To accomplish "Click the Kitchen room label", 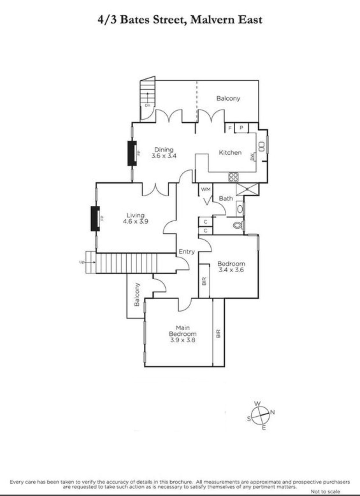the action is coord(230,153).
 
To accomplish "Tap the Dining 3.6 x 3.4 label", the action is coord(164,153).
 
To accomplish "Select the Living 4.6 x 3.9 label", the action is coord(135,218).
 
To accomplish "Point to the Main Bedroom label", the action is coord(183,331).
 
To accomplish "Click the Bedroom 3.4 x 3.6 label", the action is coord(231,267).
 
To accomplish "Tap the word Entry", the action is coord(187,252).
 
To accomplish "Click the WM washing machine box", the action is coord(205,189).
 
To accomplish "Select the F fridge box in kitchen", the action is coord(230,128).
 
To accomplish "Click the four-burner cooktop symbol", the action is coord(233,177).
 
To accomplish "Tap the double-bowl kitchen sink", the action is coord(262,146).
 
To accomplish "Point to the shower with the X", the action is coord(247,189).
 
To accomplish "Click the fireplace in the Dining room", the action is coord(132,153).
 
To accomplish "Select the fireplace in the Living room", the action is coord(95,218).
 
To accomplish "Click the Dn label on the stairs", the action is coord(147,105).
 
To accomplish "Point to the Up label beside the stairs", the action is coord(82,263).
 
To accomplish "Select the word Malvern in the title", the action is coord(212,20).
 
